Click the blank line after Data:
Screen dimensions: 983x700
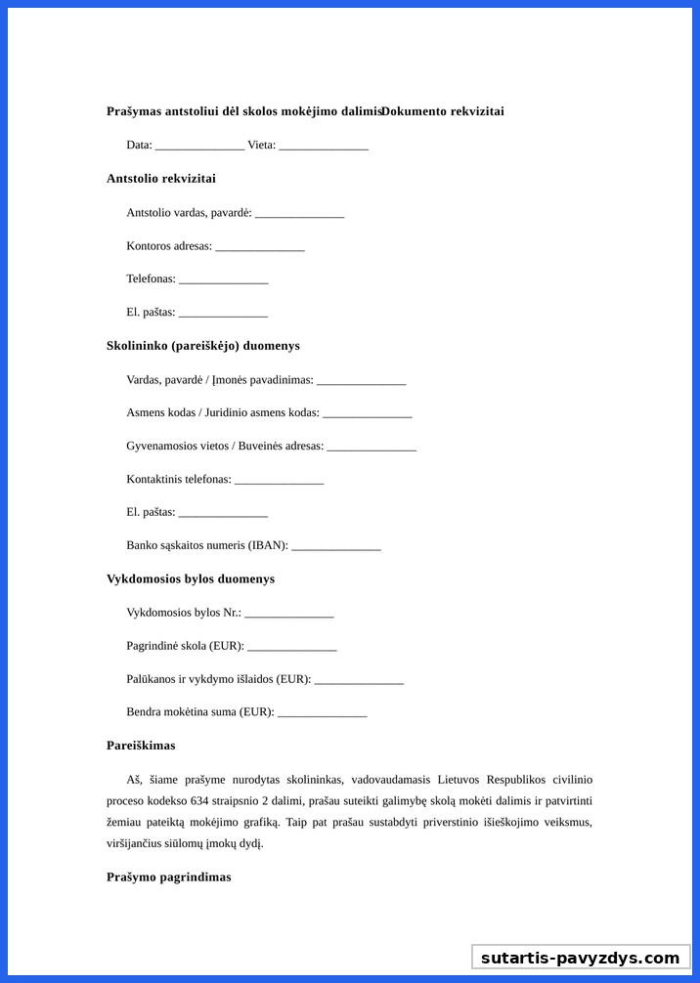(x=199, y=146)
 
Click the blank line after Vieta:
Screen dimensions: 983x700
(x=323, y=146)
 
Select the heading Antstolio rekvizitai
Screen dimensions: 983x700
(x=161, y=179)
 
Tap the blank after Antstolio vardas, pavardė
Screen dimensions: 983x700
(x=299, y=213)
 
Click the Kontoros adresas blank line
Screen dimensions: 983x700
(x=260, y=246)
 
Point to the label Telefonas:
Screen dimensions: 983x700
(x=151, y=279)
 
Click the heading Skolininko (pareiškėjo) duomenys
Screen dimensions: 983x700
(x=203, y=346)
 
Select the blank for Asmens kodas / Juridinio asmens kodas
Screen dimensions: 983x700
(x=367, y=413)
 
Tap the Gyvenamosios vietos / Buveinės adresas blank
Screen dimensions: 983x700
(x=372, y=447)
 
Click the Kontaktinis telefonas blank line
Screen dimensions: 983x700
(x=279, y=480)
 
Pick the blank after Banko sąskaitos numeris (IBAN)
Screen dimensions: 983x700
(x=335, y=546)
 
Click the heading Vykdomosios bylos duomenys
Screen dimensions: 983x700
(x=191, y=579)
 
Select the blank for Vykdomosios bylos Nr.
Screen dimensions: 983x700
(x=289, y=614)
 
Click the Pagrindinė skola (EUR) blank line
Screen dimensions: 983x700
(x=291, y=647)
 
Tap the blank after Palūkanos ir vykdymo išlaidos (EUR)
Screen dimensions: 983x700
(x=359, y=680)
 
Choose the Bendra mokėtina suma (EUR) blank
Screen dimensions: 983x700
(x=322, y=713)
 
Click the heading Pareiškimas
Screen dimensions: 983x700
(x=141, y=746)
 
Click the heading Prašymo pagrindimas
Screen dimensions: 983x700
(x=169, y=877)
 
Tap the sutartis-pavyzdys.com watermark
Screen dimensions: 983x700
(x=580, y=958)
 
